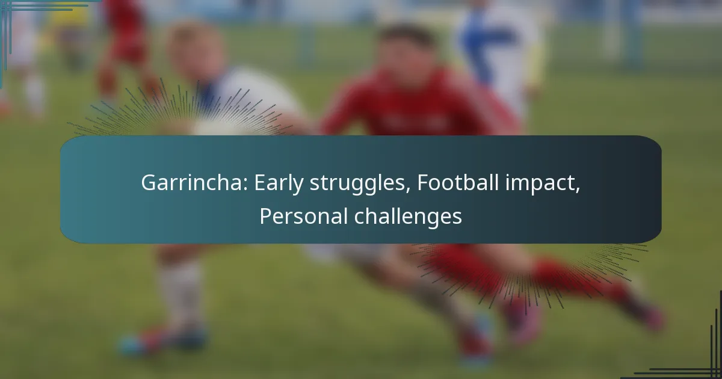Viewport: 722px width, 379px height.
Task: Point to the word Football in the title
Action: pos(458,182)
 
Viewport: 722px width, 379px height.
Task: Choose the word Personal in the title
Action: pos(303,216)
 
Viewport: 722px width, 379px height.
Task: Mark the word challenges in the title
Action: pos(408,217)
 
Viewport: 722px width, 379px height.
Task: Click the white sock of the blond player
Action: pos(181,294)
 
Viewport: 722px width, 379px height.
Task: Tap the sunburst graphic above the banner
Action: pos(180,109)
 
